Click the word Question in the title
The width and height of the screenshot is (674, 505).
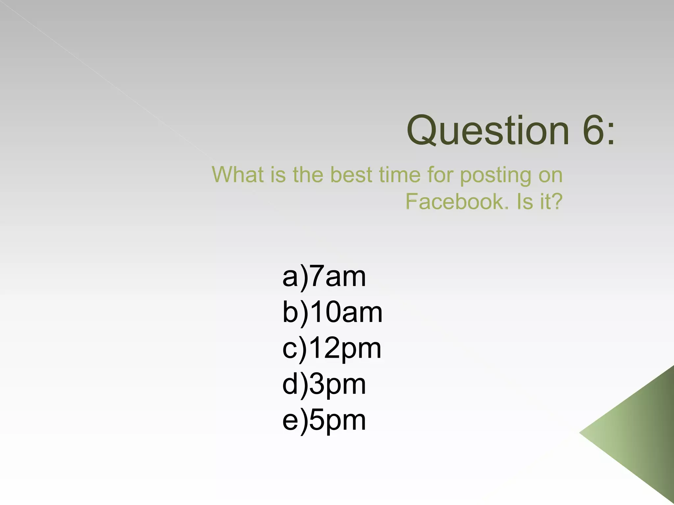(488, 131)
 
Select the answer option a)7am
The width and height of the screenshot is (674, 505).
(324, 277)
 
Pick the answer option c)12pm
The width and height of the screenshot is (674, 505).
(331, 348)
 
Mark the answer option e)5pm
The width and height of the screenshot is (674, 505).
(324, 420)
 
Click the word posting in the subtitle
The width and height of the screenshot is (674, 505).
(495, 176)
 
